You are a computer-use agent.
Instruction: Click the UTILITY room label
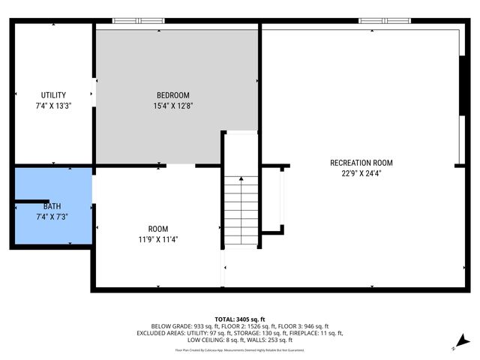click(x=53, y=95)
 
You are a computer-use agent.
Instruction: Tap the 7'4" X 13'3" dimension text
click(x=53, y=106)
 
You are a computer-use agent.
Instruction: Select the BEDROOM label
click(x=172, y=95)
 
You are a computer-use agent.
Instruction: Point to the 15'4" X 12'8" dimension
click(x=172, y=106)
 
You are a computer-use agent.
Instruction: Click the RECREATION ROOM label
click(x=361, y=163)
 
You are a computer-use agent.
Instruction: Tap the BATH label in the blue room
click(x=52, y=206)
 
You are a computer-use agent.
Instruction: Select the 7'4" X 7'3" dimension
click(x=52, y=217)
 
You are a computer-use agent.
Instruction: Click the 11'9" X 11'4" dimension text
click(x=157, y=240)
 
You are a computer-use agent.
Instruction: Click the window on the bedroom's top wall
click(x=138, y=20)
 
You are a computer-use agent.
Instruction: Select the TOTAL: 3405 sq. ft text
click(x=240, y=319)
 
